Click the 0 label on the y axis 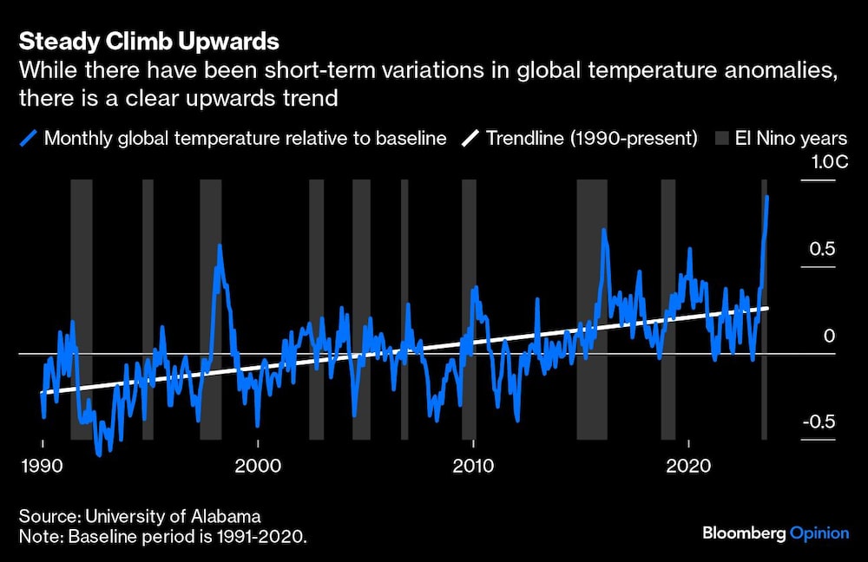(830, 336)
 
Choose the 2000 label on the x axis (258, 466)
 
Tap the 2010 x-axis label (473, 466)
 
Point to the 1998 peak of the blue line (220, 245)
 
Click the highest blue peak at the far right (766, 197)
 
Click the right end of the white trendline (767, 307)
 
